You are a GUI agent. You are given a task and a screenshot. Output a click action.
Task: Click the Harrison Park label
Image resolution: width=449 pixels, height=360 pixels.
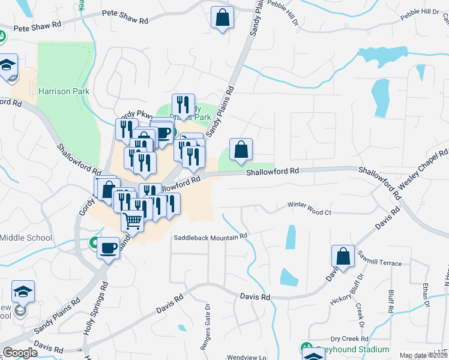click(64, 92)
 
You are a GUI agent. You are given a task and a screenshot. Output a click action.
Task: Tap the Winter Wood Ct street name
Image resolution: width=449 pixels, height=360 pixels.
click(309, 212)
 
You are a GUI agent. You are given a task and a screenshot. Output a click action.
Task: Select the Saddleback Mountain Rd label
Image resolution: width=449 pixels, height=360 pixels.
click(211, 237)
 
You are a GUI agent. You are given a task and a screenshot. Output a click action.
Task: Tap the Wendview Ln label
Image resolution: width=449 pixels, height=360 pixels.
click(246, 357)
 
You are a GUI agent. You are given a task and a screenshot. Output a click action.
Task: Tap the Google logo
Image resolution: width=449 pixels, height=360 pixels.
click(20, 353)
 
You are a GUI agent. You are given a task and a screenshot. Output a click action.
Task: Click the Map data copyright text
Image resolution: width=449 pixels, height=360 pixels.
click(423, 355)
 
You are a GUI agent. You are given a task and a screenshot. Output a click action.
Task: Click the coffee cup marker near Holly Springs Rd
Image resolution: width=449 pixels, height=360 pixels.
click(109, 247)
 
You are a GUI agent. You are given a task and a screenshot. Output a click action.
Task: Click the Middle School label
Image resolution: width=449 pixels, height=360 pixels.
click(26, 238)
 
